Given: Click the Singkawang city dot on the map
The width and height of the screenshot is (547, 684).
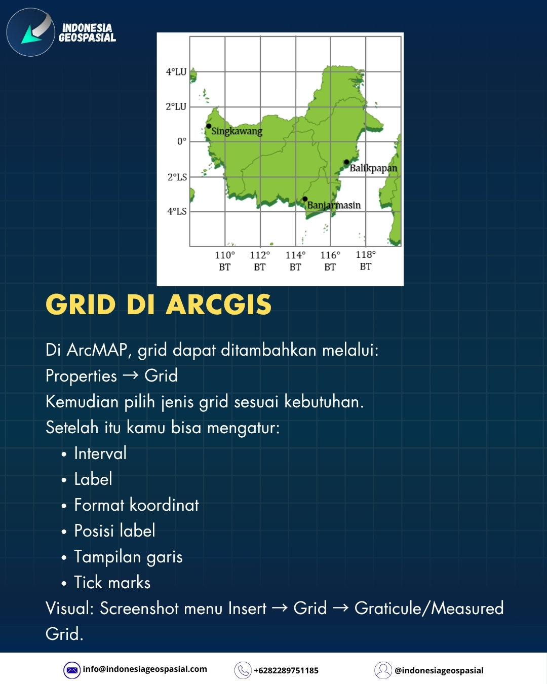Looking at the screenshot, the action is click(x=209, y=126).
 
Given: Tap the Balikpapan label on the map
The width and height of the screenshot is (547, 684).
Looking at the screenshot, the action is click(x=373, y=168).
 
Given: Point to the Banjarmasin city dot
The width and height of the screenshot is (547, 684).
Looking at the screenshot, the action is click(x=305, y=199).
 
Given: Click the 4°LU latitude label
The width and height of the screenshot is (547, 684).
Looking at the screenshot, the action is click(x=176, y=72).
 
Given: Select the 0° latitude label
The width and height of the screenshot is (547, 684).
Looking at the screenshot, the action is click(x=181, y=141).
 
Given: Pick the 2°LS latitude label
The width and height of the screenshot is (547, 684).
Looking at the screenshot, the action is click(x=177, y=177).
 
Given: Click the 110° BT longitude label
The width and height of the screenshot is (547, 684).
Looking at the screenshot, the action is click(x=225, y=260).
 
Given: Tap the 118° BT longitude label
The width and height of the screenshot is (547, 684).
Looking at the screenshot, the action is click(x=366, y=260).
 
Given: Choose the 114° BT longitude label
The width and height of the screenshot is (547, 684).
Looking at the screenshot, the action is click(x=295, y=260).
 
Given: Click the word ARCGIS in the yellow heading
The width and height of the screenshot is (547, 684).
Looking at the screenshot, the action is click(x=219, y=305).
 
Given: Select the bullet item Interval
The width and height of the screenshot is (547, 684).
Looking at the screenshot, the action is click(x=100, y=453).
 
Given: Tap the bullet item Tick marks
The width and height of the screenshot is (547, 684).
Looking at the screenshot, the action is click(x=112, y=583).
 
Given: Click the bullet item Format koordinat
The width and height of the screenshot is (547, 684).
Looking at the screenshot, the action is click(x=136, y=505).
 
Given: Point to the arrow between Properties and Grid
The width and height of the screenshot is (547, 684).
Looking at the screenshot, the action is click(x=131, y=375).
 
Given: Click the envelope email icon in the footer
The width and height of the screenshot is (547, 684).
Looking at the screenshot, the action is click(x=72, y=670).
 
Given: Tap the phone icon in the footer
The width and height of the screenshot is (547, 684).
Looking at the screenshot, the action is click(x=243, y=670).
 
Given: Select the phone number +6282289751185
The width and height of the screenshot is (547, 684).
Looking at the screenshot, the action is click(x=286, y=670).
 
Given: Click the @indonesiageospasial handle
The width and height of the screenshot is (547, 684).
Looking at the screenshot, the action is click(x=439, y=670).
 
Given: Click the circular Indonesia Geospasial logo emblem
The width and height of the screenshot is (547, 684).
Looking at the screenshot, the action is click(x=31, y=32).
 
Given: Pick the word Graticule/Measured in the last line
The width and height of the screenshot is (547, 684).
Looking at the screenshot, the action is click(x=429, y=609).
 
